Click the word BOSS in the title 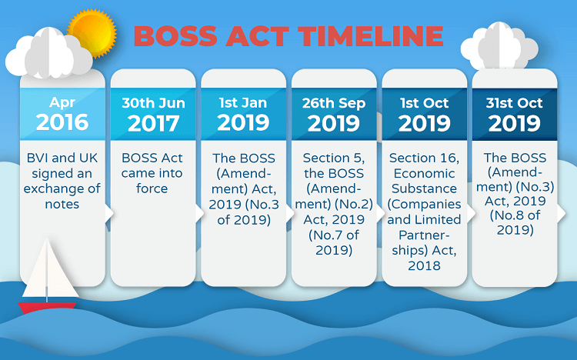click(x=175, y=36)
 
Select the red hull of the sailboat click(x=47, y=308)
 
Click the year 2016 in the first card click(x=62, y=122)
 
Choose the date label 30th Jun click(x=153, y=103)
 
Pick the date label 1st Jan click(x=243, y=103)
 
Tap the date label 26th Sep click(x=334, y=103)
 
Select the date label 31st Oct click(x=514, y=103)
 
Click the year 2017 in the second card click(x=153, y=123)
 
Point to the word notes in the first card click(x=62, y=204)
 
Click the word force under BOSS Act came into click(x=152, y=188)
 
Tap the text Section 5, click(x=334, y=158)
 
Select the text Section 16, click(x=424, y=158)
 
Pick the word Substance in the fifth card click(x=424, y=188)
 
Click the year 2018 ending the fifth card click(x=424, y=265)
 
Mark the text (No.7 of click(x=334, y=235)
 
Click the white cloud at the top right click(x=499, y=46)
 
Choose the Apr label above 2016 click(x=62, y=102)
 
